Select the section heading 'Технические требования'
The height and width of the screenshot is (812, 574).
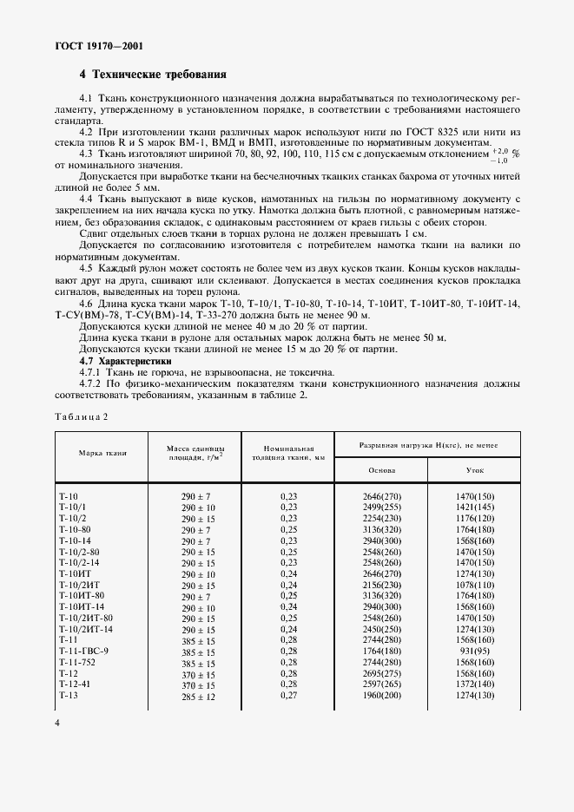161,75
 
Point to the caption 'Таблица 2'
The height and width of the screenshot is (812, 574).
81,416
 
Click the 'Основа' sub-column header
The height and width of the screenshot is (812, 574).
382,469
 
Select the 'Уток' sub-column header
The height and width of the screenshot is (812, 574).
474,469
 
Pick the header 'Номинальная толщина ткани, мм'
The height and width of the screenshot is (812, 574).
284,452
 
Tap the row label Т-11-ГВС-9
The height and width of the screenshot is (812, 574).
83,650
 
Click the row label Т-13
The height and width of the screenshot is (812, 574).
69,695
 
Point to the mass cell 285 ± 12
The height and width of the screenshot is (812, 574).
197,695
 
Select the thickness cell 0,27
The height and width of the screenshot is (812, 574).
288,695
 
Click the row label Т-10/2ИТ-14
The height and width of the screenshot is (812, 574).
86,628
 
